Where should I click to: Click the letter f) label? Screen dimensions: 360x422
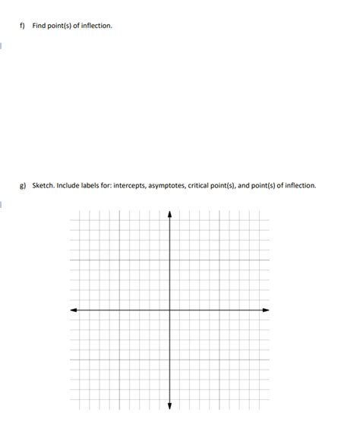tap(23, 27)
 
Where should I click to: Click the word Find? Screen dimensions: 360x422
tap(39, 27)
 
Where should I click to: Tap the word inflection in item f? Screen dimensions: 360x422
tap(96, 27)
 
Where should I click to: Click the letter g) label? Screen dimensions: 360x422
tap(23, 185)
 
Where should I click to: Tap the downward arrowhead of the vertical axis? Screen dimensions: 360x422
tap(169, 404)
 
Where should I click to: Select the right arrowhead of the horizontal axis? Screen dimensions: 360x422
tap(266, 310)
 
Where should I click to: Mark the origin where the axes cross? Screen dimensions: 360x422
tap(169, 310)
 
